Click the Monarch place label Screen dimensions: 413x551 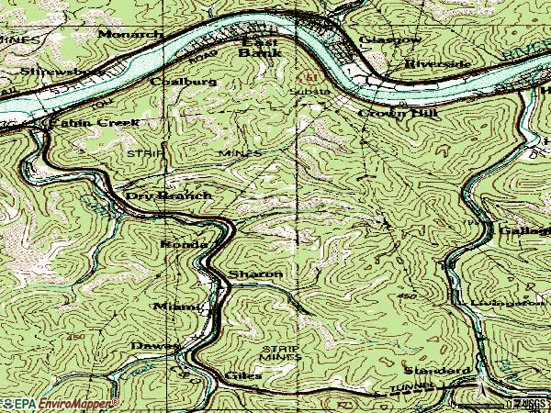pos(130,33)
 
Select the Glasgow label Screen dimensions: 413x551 pos(390,40)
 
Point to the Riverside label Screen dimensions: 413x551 pos(437,64)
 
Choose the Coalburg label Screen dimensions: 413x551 pos(188,82)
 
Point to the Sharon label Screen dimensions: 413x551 pos(254,274)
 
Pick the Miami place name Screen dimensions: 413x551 pos(175,306)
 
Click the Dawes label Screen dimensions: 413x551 pos(153,345)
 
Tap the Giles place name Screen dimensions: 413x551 pos(243,375)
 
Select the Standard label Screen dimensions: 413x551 pos(436,370)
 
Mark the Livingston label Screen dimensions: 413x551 pos(506,300)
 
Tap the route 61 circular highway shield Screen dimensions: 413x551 pos(310,75)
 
